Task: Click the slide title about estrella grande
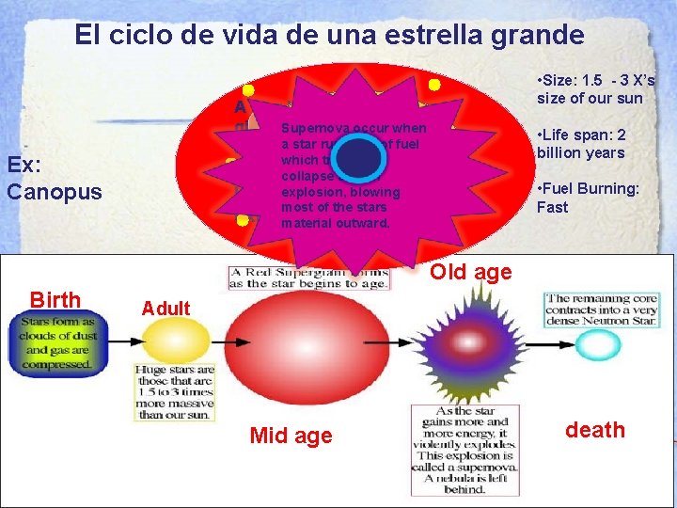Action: tap(329, 36)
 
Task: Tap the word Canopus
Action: tap(55, 191)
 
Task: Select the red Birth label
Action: tap(55, 300)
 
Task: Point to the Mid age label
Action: tap(291, 435)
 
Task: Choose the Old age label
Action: tap(470, 273)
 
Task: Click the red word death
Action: tap(594, 430)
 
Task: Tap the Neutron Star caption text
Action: tap(603, 309)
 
